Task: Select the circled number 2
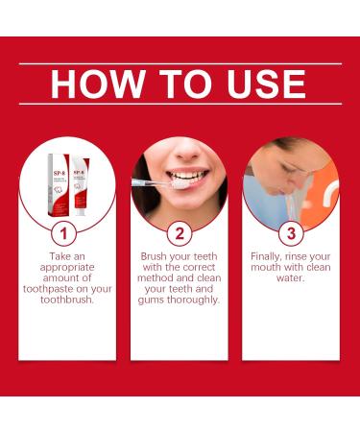click(x=180, y=232)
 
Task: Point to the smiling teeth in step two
click(x=187, y=178)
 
